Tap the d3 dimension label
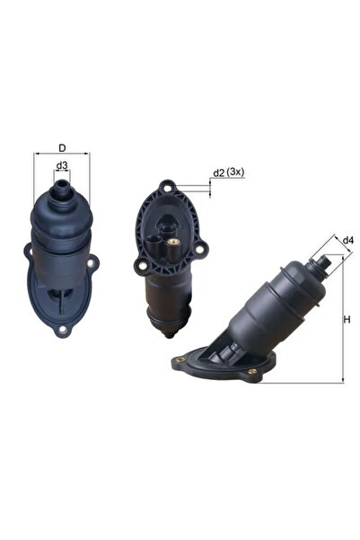point(62,165)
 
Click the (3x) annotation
point(235,171)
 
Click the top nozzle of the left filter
point(62,190)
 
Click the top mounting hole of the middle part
point(165,188)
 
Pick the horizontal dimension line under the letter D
point(62,154)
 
